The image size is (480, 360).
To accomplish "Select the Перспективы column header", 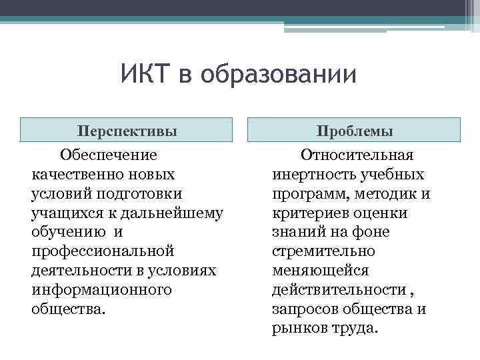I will tap(127, 131).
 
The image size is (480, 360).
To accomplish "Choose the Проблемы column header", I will tap(354, 131).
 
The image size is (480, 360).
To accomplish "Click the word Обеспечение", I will tap(109, 155).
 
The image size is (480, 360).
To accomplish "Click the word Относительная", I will tap(357, 155).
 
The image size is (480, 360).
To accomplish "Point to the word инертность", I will tap(311, 175).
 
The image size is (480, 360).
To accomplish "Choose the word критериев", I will tap(311, 213).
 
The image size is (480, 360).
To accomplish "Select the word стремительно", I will tap(323, 252).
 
